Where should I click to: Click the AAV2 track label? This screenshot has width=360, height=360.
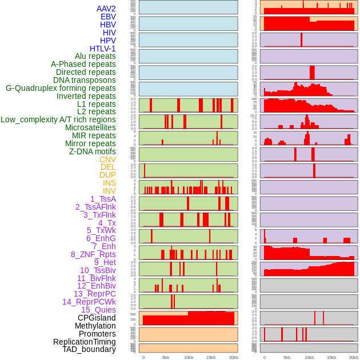click(x=106, y=9)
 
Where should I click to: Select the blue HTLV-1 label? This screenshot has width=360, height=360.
click(x=103, y=49)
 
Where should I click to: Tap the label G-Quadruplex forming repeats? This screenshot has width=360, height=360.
click(x=61, y=88)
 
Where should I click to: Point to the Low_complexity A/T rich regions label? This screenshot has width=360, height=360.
click(x=58, y=119)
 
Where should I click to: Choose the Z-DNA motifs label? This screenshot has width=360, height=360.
click(x=93, y=151)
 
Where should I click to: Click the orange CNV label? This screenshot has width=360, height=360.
click(x=107, y=159)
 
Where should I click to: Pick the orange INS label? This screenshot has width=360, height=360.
click(x=109, y=183)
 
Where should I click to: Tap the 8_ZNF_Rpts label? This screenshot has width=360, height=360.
click(x=93, y=254)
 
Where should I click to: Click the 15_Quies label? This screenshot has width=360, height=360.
click(x=98, y=310)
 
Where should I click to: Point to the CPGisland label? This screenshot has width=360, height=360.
click(x=97, y=318)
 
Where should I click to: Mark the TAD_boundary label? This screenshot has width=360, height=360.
click(x=89, y=349)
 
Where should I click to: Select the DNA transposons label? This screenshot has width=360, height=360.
click(x=85, y=80)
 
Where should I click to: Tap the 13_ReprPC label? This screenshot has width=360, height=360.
click(x=95, y=294)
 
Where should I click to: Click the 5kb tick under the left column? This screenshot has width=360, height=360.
click(x=166, y=357)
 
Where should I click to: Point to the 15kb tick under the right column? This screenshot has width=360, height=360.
click(x=331, y=357)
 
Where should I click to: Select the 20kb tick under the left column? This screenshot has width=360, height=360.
click(x=233, y=357)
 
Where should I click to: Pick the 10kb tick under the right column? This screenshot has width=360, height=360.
click(x=309, y=357)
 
